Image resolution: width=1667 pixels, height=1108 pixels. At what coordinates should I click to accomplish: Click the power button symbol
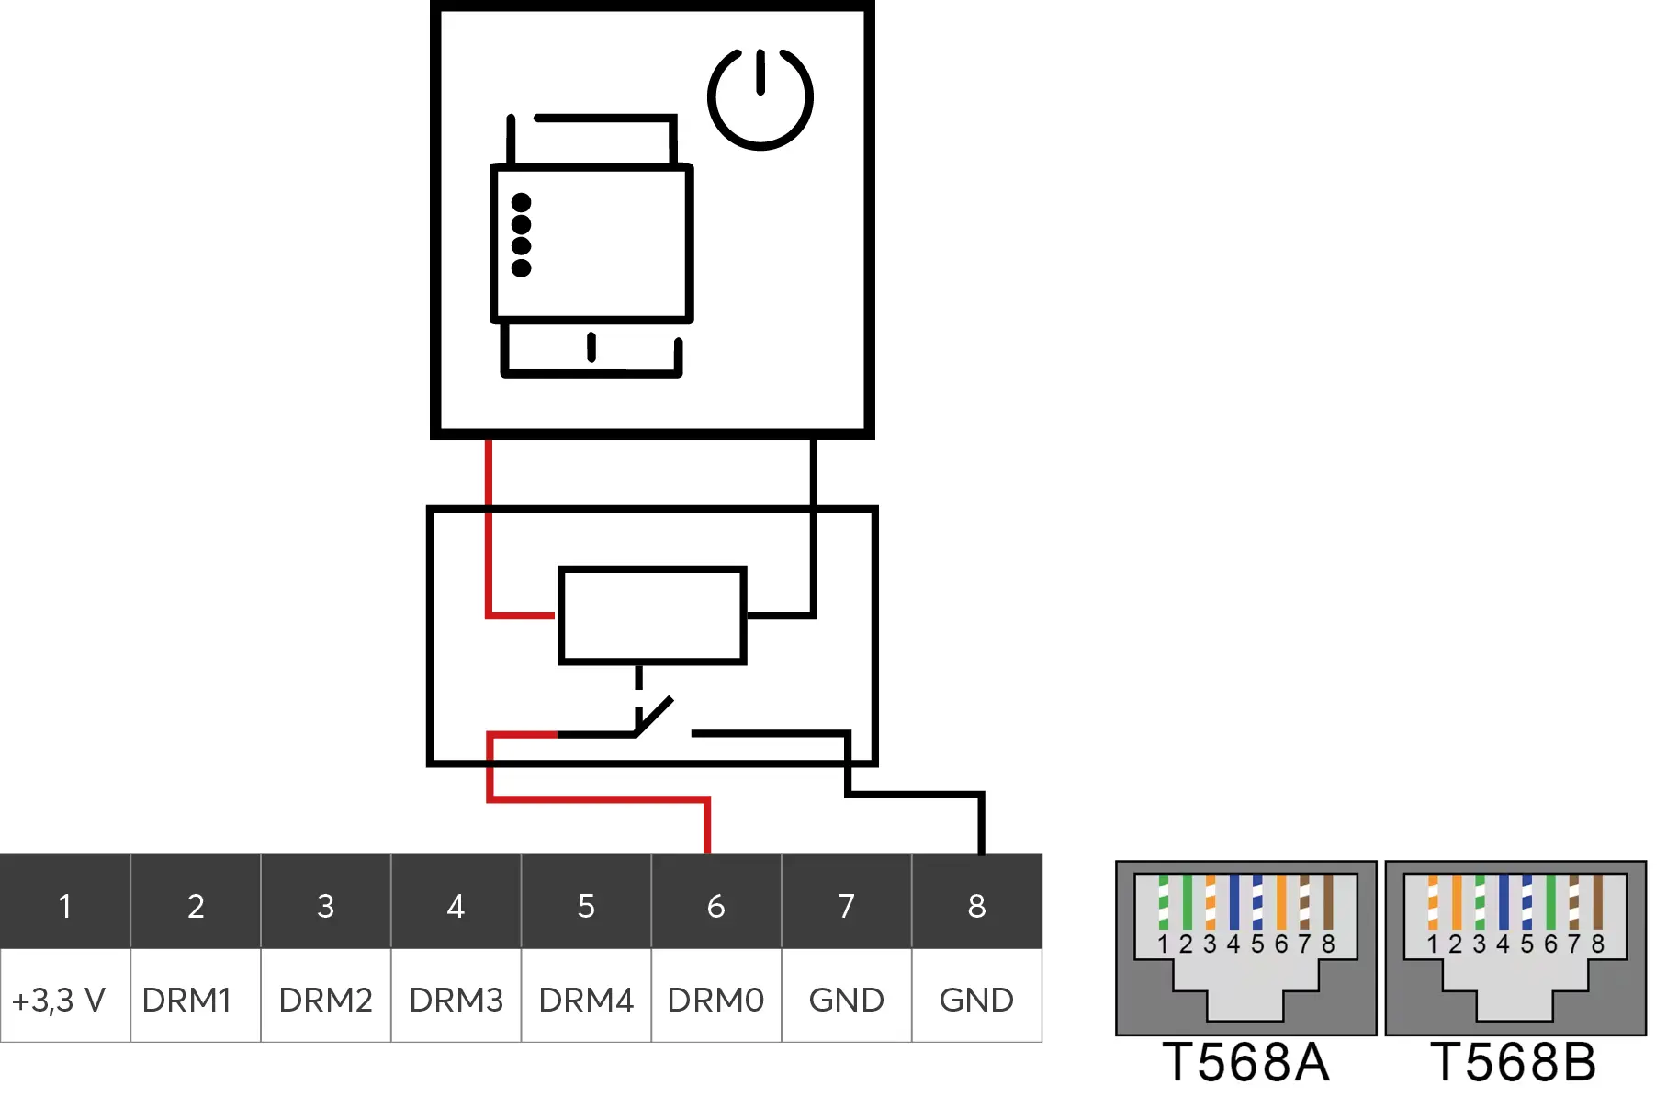click(760, 98)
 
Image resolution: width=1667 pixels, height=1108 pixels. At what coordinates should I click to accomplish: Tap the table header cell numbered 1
click(65, 906)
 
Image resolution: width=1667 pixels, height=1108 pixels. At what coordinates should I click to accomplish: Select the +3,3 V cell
click(60, 1000)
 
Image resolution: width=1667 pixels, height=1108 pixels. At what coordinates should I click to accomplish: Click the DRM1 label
click(186, 1000)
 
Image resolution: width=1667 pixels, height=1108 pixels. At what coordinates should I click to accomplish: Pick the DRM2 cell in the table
click(325, 1000)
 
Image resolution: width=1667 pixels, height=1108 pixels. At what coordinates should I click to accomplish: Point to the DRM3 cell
click(456, 1000)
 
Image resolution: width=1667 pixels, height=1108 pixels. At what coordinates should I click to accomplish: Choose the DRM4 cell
click(586, 1000)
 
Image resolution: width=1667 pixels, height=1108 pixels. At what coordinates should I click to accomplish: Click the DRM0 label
click(715, 1000)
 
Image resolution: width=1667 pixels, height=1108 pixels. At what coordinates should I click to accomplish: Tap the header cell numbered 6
click(716, 906)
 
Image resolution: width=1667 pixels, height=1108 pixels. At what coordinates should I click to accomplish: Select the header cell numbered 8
click(976, 906)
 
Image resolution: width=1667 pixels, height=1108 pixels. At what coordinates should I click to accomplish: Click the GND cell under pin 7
click(846, 1000)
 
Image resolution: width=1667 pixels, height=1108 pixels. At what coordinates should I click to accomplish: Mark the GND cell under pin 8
click(976, 1000)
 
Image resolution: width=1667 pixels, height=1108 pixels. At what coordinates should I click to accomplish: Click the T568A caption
click(1245, 1063)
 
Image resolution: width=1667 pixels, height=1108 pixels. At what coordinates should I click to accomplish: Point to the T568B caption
click(1514, 1063)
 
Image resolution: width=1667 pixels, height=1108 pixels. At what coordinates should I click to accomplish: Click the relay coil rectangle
click(652, 615)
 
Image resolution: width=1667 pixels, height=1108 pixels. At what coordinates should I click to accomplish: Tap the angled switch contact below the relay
click(655, 717)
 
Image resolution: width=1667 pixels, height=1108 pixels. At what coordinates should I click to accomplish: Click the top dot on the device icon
click(522, 202)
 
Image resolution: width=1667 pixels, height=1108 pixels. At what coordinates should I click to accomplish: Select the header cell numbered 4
click(456, 906)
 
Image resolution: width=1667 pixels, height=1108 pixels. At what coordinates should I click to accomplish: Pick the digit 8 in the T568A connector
click(1328, 944)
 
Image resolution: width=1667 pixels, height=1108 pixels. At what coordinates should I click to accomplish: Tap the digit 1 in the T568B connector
click(1432, 944)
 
